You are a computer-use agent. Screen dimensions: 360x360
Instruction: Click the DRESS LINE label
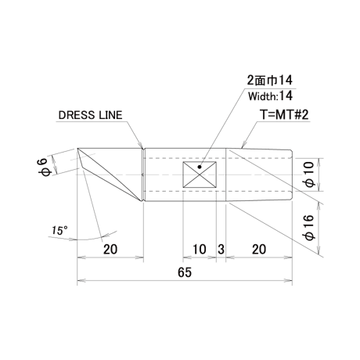click(x=90, y=115)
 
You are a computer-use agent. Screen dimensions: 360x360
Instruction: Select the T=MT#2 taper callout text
click(x=284, y=114)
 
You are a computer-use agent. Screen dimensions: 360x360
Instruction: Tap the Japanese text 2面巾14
click(x=270, y=81)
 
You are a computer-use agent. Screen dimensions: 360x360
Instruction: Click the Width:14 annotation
click(x=270, y=96)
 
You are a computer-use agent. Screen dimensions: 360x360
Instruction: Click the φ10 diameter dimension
click(x=309, y=175)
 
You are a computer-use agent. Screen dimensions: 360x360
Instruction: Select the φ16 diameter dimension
click(x=309, y=227)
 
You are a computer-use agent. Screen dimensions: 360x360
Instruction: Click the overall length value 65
click(x=185, y=272)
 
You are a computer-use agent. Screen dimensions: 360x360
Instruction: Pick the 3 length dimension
click(x=221, y=250)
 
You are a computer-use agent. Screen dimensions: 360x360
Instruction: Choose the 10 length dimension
click(x=200, y=250)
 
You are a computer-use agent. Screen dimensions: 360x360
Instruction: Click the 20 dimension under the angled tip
click(x=110, y=250)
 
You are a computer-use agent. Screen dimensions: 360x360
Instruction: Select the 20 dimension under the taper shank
click(x=259, y=250)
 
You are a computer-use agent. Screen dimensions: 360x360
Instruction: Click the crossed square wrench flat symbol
click(x=200, y=175)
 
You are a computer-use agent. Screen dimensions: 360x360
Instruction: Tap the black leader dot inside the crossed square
click(x=200, y=167)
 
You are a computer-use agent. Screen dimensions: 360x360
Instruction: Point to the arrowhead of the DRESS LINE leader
click(x=141, y=145)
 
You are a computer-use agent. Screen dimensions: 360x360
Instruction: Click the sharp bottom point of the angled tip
click(x=142, y=201)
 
